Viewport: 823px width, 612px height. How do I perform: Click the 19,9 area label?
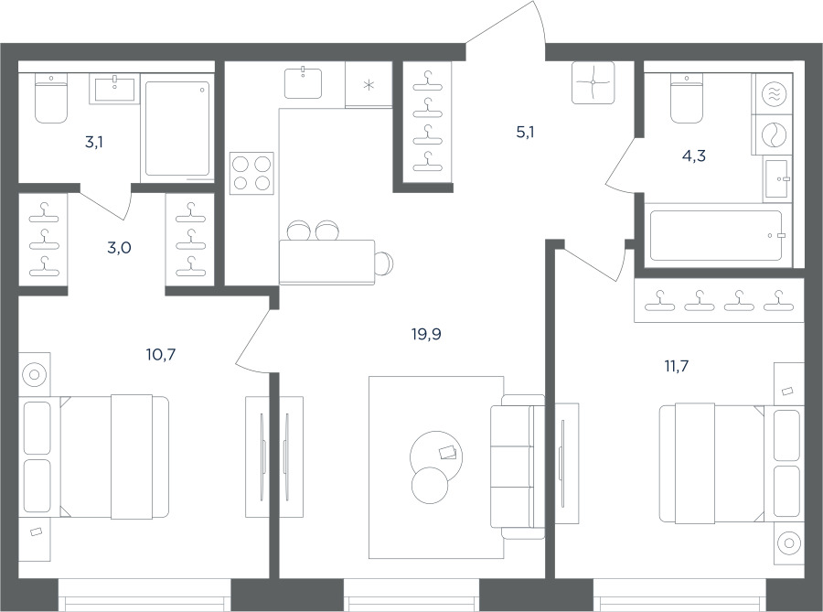click(x=426, y=334)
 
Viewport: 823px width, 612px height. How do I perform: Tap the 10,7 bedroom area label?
click(x=161, y=355)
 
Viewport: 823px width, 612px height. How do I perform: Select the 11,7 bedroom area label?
click(x=677, y=366)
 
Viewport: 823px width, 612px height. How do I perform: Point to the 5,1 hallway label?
click(x=525, y=133)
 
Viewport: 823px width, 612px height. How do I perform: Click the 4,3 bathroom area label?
click(x=693, y=156)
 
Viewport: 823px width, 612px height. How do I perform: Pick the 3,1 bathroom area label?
click(x=94, y=142)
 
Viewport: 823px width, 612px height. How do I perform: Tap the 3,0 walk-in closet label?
click(x=119, y=247)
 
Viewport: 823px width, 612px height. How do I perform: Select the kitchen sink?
click(x=304, y=82)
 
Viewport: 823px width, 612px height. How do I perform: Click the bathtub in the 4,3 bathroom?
click(x=716, y=236)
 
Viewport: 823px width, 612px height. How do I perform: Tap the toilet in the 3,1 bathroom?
click(x=51, y=98)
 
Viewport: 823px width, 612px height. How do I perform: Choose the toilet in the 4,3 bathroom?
click(x=687, y=98)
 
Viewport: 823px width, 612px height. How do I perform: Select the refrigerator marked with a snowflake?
click(x=369, y=84)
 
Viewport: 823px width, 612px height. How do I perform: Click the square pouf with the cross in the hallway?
click(x=593, y=82)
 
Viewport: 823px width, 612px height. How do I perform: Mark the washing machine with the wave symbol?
click(x=772, y=94)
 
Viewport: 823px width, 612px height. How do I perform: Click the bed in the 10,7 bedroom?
click(x=94, y=457)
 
